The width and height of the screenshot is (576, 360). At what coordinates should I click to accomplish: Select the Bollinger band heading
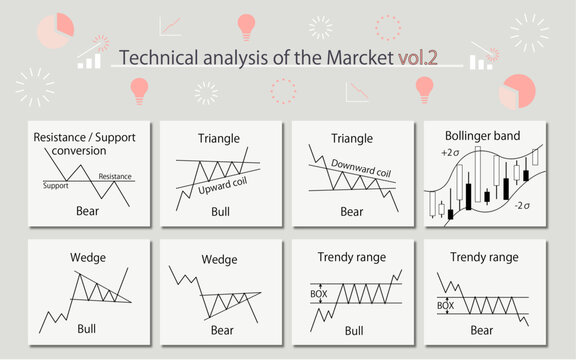pyautogui.click(x=482, y=135)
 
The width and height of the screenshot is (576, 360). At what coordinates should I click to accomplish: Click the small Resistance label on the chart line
pyautogui.click(x=115, y=177)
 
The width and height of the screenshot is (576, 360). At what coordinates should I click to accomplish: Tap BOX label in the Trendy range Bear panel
pyautogui.click(x=446, y=304)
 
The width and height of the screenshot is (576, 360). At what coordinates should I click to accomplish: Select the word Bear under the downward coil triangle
pyautogui.click(x=351, y=212)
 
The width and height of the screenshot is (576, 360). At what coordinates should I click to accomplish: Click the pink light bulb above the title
pyautogui.click(x=246, y=27)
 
